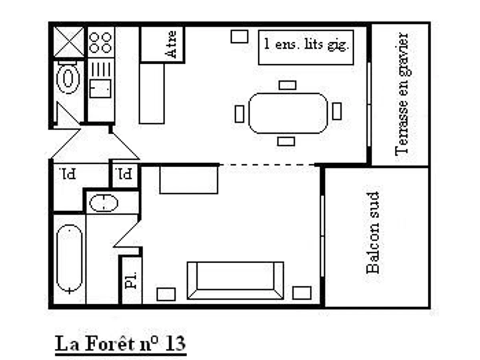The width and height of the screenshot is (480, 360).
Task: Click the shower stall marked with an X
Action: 69,42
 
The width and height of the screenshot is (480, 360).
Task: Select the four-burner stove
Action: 100,42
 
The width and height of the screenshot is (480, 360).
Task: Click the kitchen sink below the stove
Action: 100,88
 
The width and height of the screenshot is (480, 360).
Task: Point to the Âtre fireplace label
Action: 172,44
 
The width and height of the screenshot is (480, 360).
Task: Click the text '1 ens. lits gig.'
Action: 306,44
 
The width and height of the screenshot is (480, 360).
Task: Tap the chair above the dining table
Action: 287,85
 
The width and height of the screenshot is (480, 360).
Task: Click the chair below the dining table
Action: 286,141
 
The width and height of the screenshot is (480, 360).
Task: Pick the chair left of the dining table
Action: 239,114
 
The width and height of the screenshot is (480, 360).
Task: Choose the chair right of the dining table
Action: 337,111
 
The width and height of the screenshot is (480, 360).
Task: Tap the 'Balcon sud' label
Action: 373,232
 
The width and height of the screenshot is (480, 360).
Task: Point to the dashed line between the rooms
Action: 267,165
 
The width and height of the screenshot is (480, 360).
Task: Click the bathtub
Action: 70,259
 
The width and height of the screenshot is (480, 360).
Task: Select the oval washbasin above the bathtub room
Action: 104,203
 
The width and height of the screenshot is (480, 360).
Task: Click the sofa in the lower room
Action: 236,280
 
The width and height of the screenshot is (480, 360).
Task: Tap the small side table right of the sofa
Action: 302,293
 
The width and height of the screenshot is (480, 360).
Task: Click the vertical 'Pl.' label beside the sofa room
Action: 131,280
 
